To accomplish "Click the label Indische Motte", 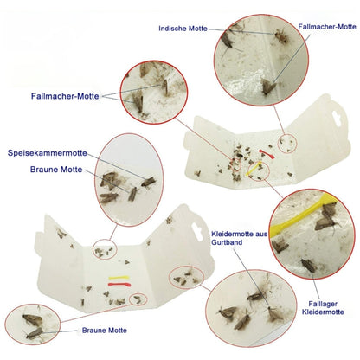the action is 183,29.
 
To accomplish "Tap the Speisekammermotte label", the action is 48,153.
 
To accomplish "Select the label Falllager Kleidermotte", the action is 323,308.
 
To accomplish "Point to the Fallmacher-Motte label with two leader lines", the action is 65,96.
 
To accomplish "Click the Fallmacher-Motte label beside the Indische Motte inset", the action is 327,27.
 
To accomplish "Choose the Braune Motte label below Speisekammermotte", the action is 56,170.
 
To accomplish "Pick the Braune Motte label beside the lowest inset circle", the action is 105,331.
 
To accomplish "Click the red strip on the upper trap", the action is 267,154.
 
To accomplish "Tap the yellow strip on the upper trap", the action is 254,169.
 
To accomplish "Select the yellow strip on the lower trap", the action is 119,278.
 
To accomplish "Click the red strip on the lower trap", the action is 119,285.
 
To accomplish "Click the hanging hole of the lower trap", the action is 198,232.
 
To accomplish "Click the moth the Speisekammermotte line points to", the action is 148,182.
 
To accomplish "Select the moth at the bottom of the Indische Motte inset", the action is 269,87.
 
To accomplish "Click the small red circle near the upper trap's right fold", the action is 287,144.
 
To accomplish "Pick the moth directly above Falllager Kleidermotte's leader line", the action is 309,265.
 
